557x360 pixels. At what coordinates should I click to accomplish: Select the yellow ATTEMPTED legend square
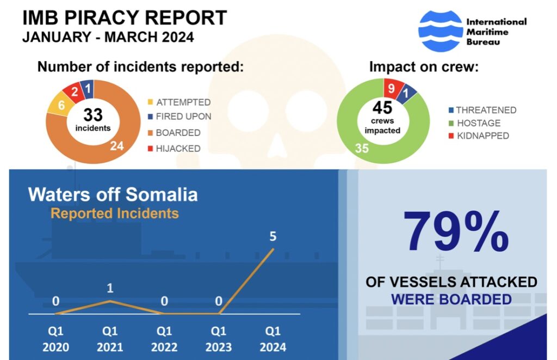150,102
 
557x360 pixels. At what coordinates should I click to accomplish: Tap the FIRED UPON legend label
183,117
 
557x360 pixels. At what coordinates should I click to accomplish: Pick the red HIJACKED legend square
150,148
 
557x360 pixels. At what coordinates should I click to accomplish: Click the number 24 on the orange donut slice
117,146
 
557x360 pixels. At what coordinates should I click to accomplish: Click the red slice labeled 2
74,91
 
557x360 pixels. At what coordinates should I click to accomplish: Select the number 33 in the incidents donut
93,115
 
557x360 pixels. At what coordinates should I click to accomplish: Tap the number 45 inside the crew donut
382,107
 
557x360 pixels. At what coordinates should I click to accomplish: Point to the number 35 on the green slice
362,148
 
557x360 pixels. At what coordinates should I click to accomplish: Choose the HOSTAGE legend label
478,123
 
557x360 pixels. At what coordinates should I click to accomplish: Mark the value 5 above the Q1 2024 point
273,237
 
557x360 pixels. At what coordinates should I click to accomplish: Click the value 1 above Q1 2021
110,287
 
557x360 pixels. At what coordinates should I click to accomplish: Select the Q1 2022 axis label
164,339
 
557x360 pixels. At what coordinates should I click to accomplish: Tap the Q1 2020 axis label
55,339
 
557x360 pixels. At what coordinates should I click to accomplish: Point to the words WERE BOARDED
451,300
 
